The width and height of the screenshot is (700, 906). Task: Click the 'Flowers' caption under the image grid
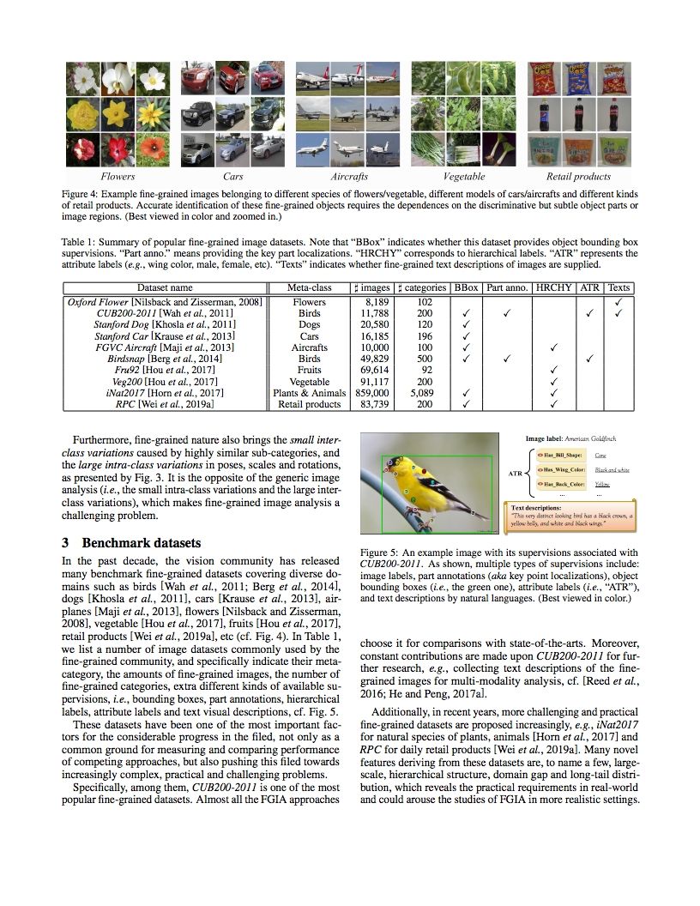click(x=118, y=177)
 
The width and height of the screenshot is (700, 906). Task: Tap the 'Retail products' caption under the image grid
click(x=578, y=177)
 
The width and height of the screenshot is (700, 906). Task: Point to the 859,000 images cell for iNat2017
click(x=371, y=393)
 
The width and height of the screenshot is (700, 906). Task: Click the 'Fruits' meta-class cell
click(x=309, y=370)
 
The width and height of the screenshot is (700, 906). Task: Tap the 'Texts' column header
click(x=619, y=287)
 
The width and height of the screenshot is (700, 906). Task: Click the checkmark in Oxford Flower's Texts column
click(x=619, y=302)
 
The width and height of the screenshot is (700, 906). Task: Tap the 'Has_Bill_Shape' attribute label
click(x=559, y=455)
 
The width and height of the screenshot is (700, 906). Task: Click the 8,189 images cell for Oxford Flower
click(x=374, y=302)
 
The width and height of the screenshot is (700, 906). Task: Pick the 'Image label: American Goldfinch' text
click(x=570, y=438)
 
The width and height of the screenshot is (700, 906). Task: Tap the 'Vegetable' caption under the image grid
click(x=463, y=177)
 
